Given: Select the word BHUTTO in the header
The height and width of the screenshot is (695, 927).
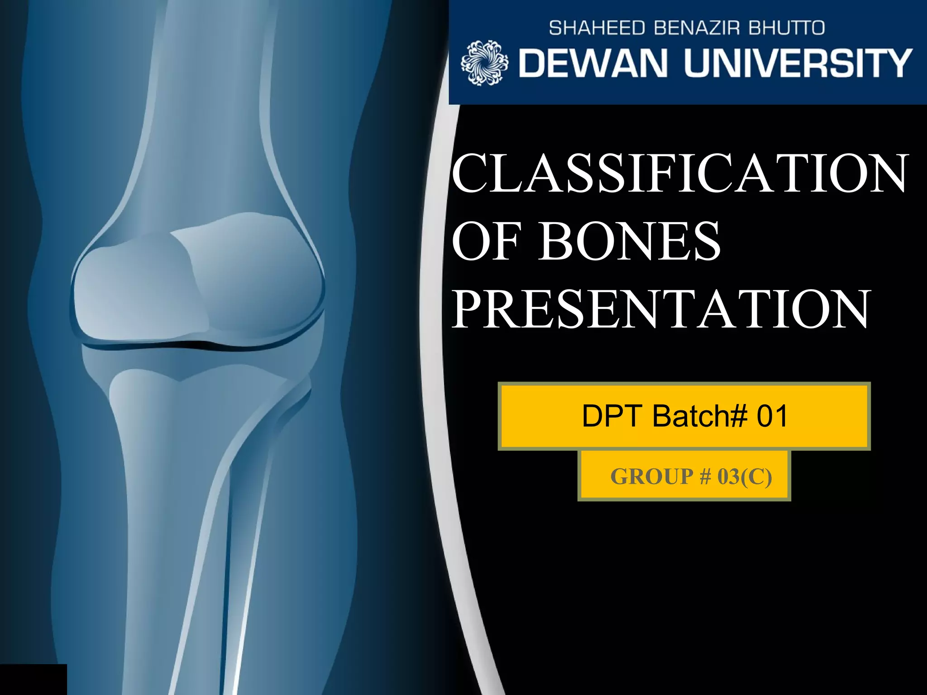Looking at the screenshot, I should tap(787, 28).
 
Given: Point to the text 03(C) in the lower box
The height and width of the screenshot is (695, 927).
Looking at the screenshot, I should tap(745, 476).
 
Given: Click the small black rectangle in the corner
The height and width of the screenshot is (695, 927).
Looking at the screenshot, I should tap(33, 679).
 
